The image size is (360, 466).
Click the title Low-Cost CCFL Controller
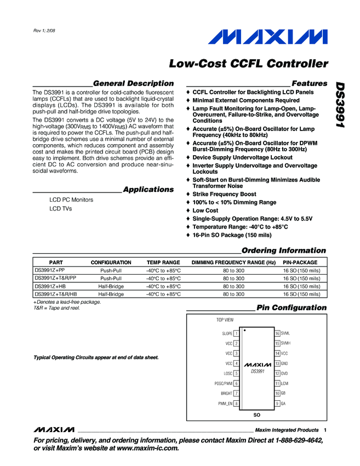[x=249, y=64]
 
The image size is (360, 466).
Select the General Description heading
[x=134, y=83]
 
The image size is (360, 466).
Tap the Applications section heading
[x=148, y=189]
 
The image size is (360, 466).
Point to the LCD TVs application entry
[x=60, y=209]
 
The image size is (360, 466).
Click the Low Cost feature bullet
[x=205, y=211]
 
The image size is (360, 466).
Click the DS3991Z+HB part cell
[x=50, y=286]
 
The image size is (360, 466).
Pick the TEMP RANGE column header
[x=163, y=263]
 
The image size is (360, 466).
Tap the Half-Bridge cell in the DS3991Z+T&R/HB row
[x=111, y=294]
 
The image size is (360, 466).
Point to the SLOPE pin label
[x=227, y=333]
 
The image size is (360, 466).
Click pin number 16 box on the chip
[x=277, y=333]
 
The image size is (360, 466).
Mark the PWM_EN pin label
[x=225, y=404]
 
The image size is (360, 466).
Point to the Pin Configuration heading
[x=291, y=308]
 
